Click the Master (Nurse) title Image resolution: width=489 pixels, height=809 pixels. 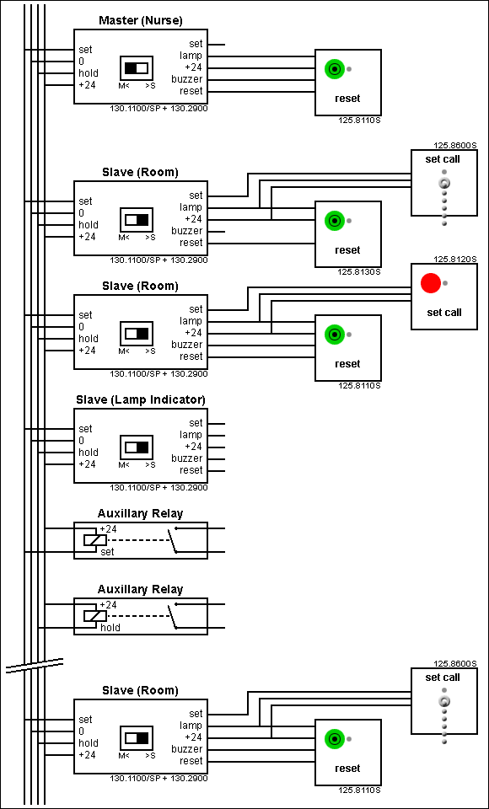140,20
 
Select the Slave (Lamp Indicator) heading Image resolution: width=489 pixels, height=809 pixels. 140,399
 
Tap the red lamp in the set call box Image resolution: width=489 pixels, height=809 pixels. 431,284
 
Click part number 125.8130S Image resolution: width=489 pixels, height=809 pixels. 360,272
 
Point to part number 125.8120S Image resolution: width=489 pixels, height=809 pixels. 455,260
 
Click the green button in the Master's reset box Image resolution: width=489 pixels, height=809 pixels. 335,69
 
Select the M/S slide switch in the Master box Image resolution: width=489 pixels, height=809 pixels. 137,67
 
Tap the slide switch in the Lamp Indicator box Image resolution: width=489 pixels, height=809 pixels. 137,447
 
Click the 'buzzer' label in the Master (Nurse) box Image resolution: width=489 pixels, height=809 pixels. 187,79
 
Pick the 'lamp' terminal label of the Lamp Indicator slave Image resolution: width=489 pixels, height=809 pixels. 191,435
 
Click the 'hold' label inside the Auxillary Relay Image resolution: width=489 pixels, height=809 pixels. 110,628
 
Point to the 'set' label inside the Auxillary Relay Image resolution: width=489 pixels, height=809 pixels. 107,552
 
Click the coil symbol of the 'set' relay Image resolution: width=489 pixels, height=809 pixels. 89,540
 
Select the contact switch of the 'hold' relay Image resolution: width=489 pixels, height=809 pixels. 173,616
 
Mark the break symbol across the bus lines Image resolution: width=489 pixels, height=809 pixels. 34,665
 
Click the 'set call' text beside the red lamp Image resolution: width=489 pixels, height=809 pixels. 444,313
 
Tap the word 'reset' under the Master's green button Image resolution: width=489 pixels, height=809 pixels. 347,99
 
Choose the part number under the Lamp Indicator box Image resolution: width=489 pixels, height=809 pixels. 159,488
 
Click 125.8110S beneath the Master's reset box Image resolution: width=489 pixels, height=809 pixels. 360,121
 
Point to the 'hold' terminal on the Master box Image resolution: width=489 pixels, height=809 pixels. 89,73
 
